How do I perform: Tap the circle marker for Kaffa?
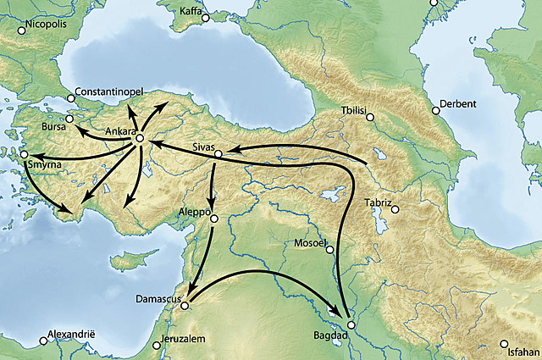point(205,17)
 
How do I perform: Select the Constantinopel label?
point(109,91)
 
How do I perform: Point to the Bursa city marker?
point(70,119)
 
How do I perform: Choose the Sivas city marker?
point(218,154)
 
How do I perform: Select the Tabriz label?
point(378,202)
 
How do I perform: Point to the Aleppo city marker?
point(214,219)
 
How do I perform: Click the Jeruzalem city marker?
point(155,345)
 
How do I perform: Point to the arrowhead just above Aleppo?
point(213,207)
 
